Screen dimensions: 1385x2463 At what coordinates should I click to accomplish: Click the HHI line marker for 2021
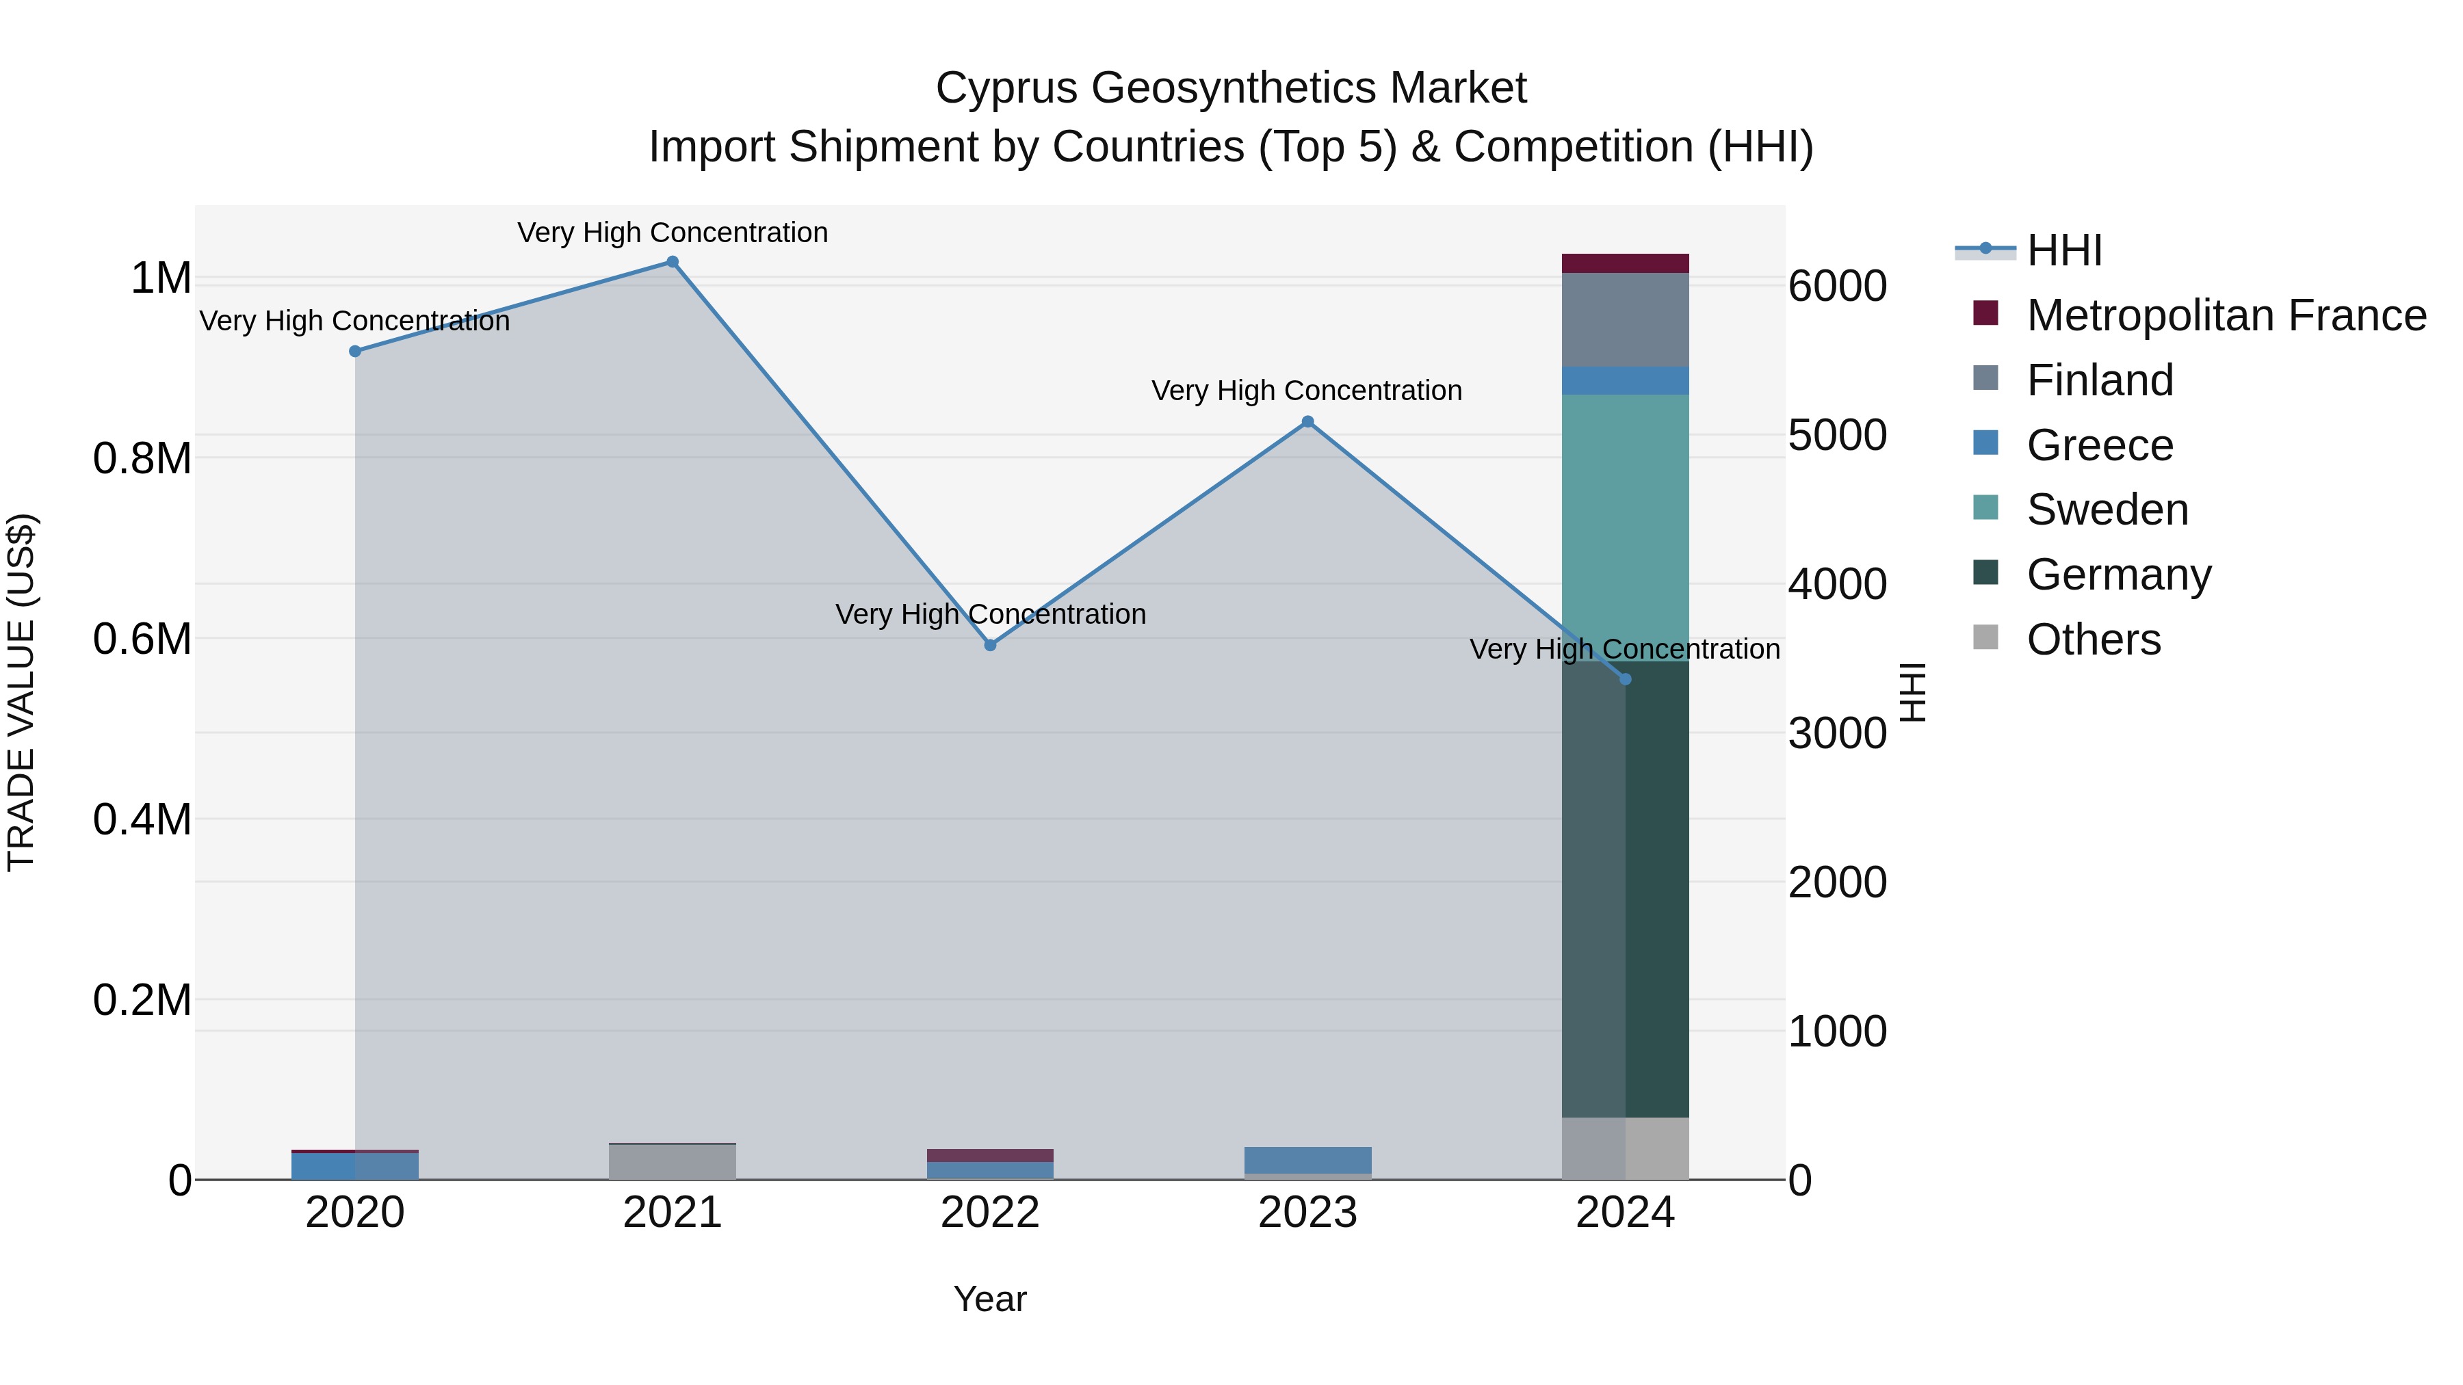pos(672,262)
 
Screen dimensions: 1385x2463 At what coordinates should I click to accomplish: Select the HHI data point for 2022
pos(991,645)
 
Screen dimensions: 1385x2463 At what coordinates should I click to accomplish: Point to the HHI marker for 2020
pos(354,351)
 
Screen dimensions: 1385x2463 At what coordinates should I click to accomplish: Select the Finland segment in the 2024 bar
pos(1626,319)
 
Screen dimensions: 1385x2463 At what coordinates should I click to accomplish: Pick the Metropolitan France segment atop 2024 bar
pos(1626,263)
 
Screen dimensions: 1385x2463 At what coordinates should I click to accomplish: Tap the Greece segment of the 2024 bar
pos(1626,380)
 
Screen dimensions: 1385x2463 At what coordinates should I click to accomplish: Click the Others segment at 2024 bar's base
pos(1626,1148)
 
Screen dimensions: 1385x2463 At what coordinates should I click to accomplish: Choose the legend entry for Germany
pos(2119,575)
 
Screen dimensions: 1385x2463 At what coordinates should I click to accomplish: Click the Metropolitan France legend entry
pos(2226,315)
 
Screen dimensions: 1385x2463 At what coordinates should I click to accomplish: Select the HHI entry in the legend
pos(2064,250)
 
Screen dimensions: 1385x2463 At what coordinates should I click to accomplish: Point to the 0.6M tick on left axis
pos(142,639)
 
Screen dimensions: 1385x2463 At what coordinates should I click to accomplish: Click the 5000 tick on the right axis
pos(1837,435)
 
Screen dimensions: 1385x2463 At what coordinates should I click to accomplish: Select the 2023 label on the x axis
pos(1307,1213)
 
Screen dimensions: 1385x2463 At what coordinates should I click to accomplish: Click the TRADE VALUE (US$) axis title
pos(21,692)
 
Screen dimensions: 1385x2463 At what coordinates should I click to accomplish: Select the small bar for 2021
pos(672,1161)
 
